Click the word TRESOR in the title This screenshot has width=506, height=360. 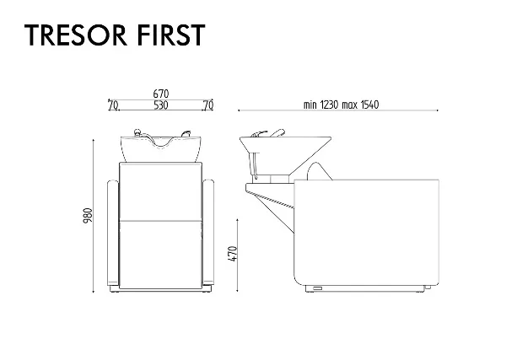76,35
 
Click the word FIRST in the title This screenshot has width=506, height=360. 171,35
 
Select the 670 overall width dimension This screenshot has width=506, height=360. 161,94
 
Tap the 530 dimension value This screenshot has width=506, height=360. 161,105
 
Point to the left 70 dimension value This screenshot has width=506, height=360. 113,105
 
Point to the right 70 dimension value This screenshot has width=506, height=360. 208,105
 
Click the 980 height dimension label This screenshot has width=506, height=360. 88,216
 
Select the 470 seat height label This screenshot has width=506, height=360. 233,254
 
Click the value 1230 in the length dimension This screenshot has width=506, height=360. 329,105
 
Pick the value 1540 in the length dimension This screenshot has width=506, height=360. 369,105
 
